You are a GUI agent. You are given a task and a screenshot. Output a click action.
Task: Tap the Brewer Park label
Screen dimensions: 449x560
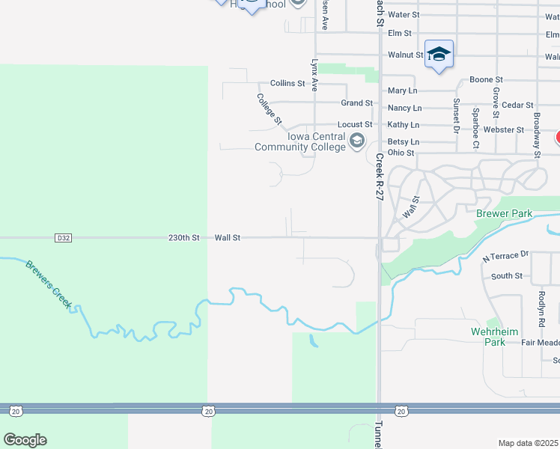504,214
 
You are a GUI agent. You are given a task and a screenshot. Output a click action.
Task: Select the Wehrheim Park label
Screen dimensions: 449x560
488,336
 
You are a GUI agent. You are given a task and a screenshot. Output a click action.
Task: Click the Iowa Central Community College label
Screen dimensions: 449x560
299,142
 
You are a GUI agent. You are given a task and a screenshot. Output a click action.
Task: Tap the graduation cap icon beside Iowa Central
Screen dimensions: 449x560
357,141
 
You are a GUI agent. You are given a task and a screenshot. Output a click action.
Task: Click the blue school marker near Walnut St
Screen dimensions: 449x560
439,55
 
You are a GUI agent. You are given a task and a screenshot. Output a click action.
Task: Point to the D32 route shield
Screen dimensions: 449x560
64,238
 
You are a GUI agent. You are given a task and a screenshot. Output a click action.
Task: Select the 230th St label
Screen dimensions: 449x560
184,238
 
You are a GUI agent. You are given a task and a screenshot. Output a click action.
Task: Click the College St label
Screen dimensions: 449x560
269,109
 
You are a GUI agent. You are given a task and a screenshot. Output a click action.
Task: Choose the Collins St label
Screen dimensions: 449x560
287,84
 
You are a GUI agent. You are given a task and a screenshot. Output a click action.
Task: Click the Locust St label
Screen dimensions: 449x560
355,124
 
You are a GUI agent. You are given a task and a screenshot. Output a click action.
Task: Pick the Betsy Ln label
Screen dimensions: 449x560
404,141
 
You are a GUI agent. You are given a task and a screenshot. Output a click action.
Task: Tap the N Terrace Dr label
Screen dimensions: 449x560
505,257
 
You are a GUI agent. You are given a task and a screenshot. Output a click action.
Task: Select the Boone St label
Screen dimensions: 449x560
485,79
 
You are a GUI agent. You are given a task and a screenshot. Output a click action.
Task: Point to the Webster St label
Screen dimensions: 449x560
505,129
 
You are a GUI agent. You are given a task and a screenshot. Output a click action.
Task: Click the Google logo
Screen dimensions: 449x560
25,440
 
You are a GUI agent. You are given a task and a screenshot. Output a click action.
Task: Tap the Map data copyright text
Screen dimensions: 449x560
529,443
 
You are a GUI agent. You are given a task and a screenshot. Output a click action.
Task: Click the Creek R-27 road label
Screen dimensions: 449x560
380,177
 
